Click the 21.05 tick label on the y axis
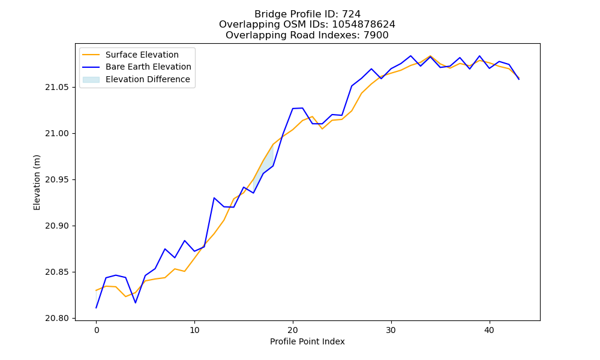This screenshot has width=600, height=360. click(58, 87)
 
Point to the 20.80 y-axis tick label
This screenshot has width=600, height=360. click(58, 318)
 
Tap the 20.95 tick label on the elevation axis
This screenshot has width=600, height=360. click(58, 180)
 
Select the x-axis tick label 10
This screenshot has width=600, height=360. click(194, 330)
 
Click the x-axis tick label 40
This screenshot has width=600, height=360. click(489, 330)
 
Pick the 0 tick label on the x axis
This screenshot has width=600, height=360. click(97, 330)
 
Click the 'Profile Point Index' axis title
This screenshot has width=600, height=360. click(307, 341)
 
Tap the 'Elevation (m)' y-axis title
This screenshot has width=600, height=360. click(37, 182)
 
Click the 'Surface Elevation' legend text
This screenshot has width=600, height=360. click(142, 55)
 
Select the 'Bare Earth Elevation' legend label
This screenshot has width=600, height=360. click(148, 67)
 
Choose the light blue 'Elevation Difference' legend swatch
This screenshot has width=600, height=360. click(91, 80)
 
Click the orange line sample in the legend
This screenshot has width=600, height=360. click(91, 55)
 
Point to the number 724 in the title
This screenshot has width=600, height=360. click(351, 14)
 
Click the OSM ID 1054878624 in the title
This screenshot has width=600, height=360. click(364, 25)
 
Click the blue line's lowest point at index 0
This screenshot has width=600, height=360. click(96, 308)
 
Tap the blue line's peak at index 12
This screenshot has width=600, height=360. click(214, 198)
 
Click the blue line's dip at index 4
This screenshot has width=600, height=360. click(136, 303)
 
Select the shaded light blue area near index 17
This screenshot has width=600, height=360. click(263, 165)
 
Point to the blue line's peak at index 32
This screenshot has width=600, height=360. click(410, 56)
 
